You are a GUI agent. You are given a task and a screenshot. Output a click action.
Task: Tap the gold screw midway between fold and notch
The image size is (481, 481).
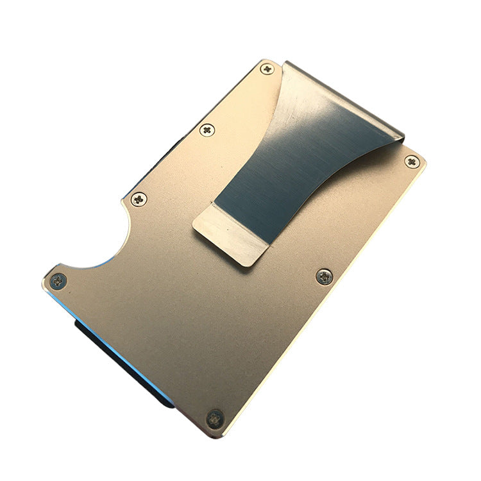[207, 130]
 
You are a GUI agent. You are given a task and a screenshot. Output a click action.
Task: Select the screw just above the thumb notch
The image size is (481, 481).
[138, 199]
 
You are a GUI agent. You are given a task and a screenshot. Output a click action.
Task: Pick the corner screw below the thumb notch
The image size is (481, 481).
[58, 280]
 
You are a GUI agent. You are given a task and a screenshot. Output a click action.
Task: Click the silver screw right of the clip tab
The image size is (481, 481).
[325, 277]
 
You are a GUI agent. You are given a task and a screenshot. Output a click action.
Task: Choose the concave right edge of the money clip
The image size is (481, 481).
[340, 186]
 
